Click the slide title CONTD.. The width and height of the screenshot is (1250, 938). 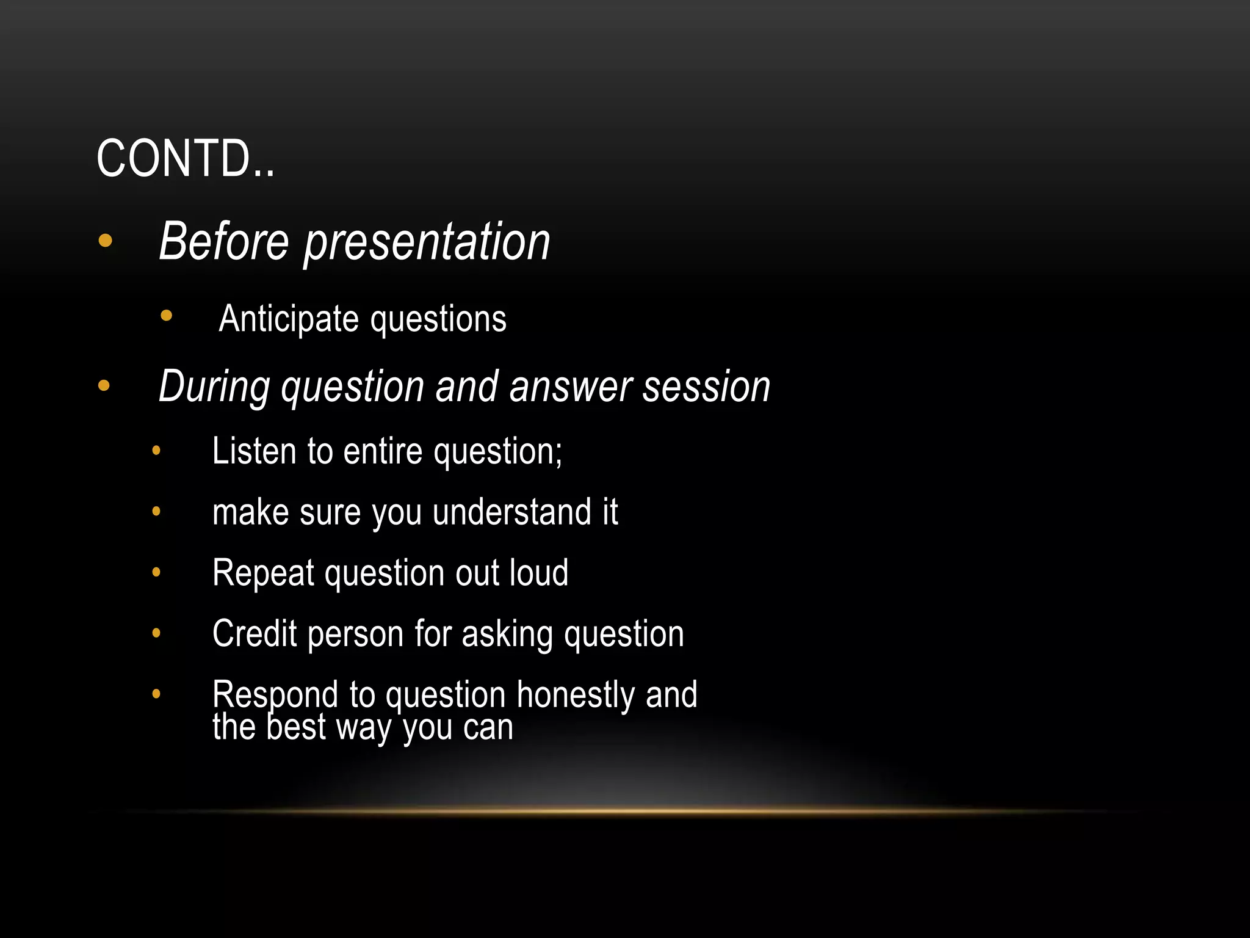pyautogui.click(x=185, y=159)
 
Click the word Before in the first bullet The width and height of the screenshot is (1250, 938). pyautogui.click(x=223, y=242)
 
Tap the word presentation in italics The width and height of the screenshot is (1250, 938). pyautogui.click(x=427, y=243)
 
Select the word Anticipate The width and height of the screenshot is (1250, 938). pyautogui.click(x=288, y=319)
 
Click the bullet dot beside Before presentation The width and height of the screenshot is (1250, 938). pyautogui.click(x=105, y=241)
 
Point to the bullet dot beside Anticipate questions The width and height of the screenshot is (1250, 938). pyautogui.click(x=166, y=316)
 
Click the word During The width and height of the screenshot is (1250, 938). pyautogui.click(x=214, y=387)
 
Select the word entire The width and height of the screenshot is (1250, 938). pyautogui.click(x=383, y=451)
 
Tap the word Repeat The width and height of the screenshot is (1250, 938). pyautogui.click(x=263, y=573)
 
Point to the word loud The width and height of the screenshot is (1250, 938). pyautogui.click(x=538, y=573)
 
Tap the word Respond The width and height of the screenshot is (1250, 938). pyautogui.click(x=275, y=695)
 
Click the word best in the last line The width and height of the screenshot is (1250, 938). pyautogui.click(x=296, y=727)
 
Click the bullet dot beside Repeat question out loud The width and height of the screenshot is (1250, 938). pyautogui.click(x=156, y=572)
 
